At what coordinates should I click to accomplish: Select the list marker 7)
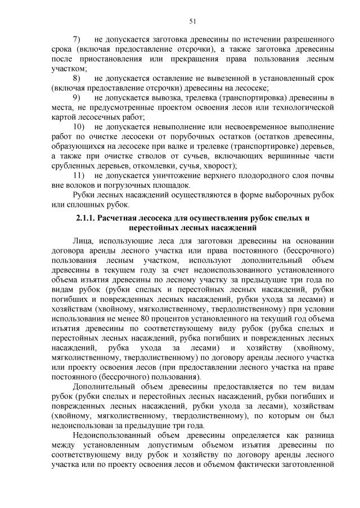point(78,40)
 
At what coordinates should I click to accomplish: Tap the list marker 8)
point(78,78)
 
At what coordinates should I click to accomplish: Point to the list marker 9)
point(78,98)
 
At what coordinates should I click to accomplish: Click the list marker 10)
point(79,127)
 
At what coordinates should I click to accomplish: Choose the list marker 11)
point(79,175)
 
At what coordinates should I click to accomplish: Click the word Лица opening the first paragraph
point(83,241)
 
